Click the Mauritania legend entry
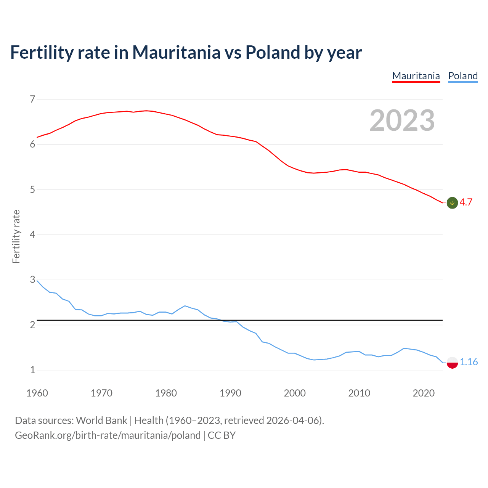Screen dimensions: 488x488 click(416, 76)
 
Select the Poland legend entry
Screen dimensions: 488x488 click(463, 76)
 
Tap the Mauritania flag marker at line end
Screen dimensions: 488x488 click(452, 203)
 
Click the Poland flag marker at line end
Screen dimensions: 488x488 click(452, 362)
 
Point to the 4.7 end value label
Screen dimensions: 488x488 click(466, 202)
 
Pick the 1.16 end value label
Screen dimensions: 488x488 click(469, 362)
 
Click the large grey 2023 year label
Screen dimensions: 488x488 click(402, 120)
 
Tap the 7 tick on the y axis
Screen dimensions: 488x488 click(32, 100)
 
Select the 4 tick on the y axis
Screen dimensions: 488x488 click(32, 234)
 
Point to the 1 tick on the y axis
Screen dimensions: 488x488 click(32, 370)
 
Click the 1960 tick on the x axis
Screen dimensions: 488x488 click(37, 393)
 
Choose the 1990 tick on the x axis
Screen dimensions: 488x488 click(230, 393)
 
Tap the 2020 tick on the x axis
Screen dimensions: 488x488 click(424, 393)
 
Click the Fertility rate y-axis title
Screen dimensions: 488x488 click(16, 236)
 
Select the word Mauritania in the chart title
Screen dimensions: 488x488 click(176, 52)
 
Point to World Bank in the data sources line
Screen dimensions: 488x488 click(101, 421)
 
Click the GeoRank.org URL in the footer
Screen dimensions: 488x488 click(108, 435)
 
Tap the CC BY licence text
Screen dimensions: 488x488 click(222, 435)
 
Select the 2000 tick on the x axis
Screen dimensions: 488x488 click(295, 393)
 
